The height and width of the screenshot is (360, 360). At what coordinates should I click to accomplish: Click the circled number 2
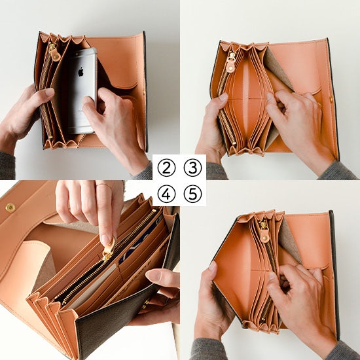coord(166,168)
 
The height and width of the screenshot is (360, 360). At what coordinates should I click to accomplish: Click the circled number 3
coord(192,168)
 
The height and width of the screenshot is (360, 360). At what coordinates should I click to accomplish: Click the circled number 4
coord(166,194)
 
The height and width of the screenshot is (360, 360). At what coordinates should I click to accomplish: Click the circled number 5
coord(192,194)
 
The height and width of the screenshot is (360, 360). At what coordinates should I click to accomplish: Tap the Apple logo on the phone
coord(81,72)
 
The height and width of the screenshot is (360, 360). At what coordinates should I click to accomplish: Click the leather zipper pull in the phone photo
coord(56,55)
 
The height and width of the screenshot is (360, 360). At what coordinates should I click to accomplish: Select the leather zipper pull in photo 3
coord(230,67)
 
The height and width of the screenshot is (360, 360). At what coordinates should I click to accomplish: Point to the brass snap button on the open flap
coord(10,207)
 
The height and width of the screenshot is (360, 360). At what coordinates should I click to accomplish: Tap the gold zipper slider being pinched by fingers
coord(107,255)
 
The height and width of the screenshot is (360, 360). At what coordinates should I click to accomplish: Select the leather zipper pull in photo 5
coord(265,236)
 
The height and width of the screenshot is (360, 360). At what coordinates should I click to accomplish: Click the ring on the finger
coord(104,185)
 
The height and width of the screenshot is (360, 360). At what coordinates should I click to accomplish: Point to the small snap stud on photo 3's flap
coord(331,99)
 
